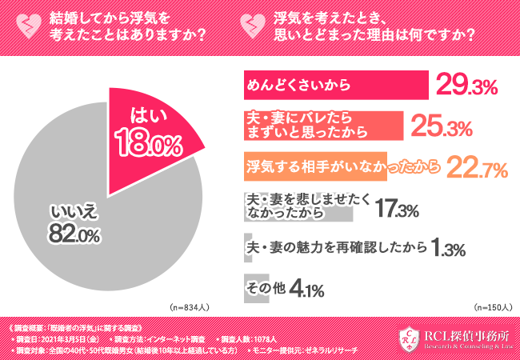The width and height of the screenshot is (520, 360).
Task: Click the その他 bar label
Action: [262, 286]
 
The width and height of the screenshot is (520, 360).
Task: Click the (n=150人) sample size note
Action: [493, 307]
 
